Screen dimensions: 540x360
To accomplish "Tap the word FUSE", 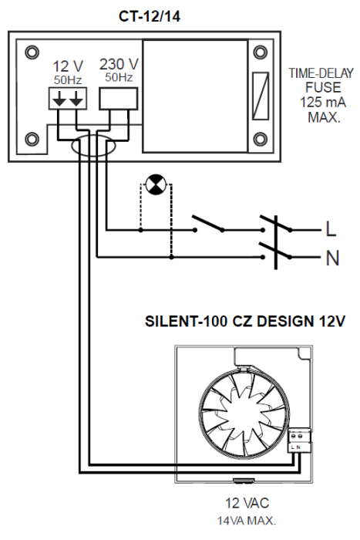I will tap(313, 87).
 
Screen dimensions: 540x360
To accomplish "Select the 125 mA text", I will tap(313, 101).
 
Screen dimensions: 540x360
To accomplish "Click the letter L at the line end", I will tap(331, 230).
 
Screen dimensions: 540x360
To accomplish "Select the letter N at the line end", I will tap(332, 258).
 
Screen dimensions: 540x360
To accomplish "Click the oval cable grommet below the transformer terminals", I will tap(92, 146).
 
